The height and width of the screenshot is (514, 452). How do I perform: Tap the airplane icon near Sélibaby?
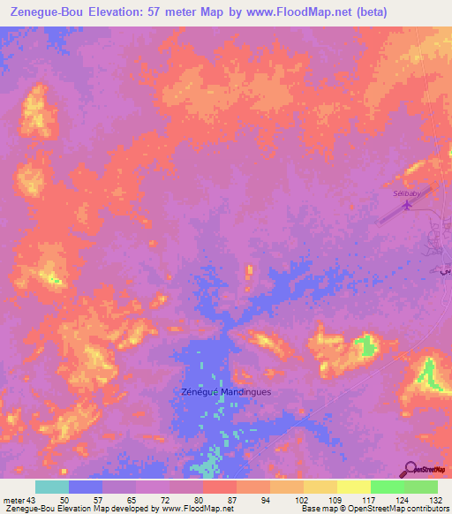407,206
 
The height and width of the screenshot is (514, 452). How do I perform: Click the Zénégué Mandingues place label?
225,391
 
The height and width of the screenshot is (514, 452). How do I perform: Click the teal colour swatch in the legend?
52,487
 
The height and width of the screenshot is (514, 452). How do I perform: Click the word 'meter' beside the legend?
14,500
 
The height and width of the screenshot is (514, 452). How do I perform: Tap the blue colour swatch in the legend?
86,487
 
